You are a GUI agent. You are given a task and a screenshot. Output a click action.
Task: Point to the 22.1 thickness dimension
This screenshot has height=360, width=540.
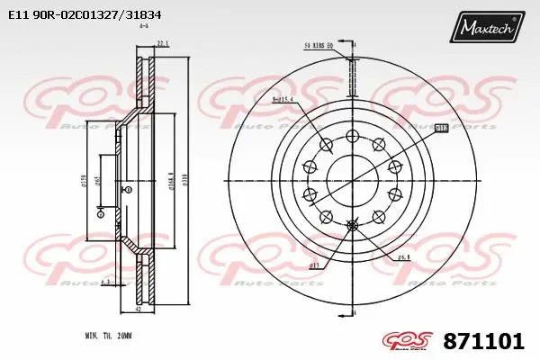click(163, 43)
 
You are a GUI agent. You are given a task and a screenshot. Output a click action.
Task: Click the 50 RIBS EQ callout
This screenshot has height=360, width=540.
click(319, 44)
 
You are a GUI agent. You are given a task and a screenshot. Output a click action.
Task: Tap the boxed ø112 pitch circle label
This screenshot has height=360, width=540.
click(441, 129)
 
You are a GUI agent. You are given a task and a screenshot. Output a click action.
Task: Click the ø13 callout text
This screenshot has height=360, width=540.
click(316, 265)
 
